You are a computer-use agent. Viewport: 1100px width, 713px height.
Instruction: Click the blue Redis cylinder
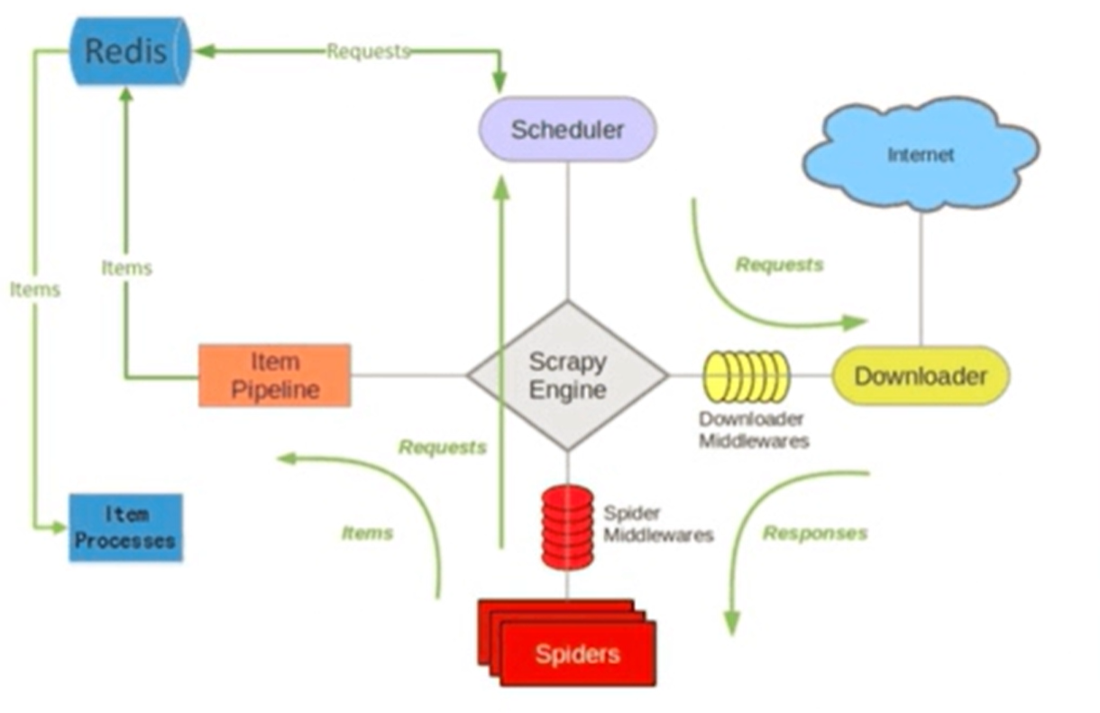pos(130,51)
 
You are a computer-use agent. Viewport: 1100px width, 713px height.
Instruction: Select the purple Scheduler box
pos(568,129)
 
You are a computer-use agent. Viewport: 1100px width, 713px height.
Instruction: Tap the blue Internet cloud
pos(921,154)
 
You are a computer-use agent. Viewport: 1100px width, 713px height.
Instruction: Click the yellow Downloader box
pos(921,376)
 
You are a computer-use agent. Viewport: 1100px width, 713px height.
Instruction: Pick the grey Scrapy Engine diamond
pos(568,376)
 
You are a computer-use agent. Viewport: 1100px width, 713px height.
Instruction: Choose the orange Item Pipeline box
pos(274,376)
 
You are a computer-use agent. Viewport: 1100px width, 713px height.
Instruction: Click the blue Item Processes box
pos(125,527)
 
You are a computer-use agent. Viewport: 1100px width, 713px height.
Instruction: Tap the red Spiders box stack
pos(567,643)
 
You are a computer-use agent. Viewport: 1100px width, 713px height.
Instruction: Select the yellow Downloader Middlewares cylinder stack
pos(747,377)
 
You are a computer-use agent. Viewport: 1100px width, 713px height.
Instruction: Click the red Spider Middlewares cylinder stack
pos(567,528)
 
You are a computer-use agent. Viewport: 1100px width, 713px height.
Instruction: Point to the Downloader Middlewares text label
pos(754,430)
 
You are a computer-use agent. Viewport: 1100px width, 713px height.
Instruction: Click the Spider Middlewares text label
pos(658,524)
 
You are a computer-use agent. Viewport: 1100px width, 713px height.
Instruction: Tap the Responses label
pos(815,533)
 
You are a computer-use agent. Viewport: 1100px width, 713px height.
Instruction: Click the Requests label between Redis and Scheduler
pos(368,51)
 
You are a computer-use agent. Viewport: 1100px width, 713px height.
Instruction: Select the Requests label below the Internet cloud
pos(779,265)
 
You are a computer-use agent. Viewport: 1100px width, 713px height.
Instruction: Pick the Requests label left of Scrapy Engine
pos(443,447)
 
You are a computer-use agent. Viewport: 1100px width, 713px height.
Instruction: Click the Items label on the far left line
pos(35,289)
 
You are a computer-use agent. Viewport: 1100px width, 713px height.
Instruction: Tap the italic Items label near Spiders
pos(367,533)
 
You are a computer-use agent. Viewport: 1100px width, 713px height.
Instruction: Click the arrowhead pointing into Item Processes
pos(59,528)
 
